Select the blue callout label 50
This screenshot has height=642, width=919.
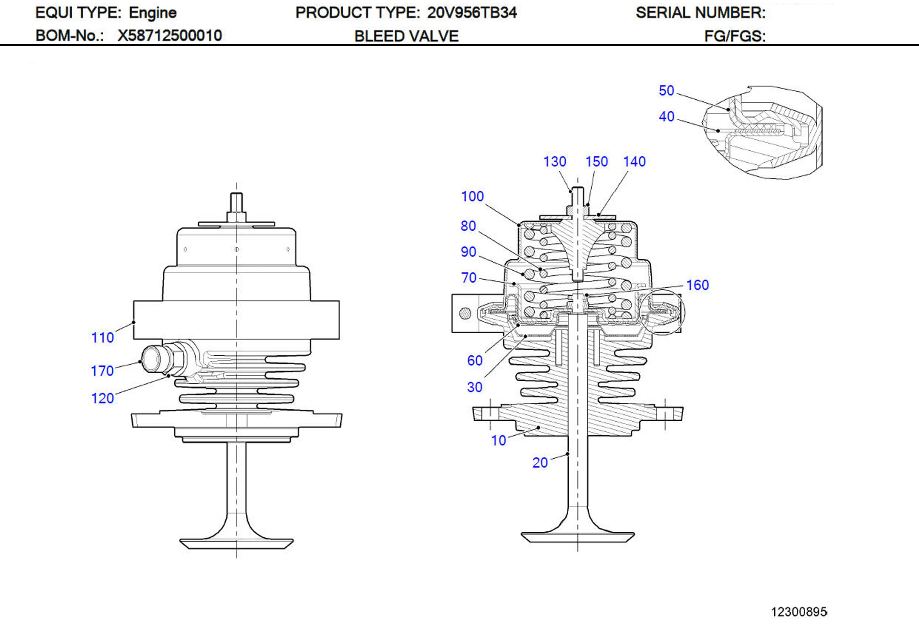(666, 90)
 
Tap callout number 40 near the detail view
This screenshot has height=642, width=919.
(666, 116)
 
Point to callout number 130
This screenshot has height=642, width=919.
(554, 162)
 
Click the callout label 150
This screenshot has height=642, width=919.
(596, 162)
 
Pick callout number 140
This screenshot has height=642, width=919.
(635, 162)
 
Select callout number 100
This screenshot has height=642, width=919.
(472, 196)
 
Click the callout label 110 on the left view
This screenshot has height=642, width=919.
(102, 337)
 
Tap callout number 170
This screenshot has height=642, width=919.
(102, 371)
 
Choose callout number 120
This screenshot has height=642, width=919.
(102, 398)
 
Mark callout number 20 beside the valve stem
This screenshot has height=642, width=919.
(540, 462)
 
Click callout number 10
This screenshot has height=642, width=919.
(499, 440)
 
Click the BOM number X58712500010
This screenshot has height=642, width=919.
(170, 35)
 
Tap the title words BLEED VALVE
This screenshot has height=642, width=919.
(406, 36)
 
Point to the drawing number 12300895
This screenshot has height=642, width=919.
(799, 612)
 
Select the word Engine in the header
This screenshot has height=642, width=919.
(152, 13)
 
